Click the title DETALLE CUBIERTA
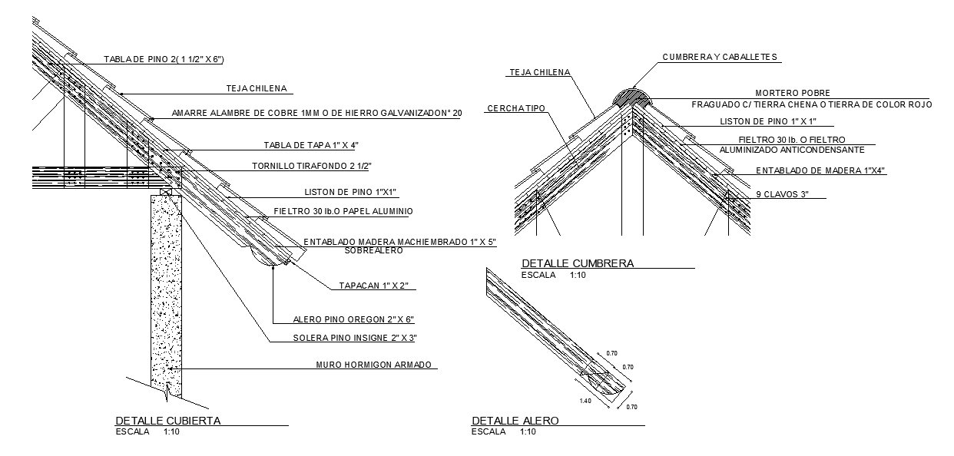point(168,420)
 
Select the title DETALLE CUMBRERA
point(578,263)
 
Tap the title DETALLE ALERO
point(515,420)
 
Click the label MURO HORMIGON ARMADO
point(374,365)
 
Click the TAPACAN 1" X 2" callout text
point(378,286)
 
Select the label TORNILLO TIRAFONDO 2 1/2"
point(310,166)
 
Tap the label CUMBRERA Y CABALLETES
point(720,57)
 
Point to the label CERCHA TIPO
point(516,109)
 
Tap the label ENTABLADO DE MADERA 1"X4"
point(820,170)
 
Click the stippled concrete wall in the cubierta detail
point(166,292)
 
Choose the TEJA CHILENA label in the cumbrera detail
point(539,72)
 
